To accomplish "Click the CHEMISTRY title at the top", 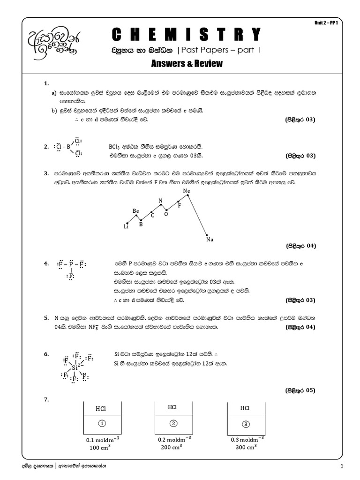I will (187, 34).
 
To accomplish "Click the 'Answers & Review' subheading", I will (187, 63).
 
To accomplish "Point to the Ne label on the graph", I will (187, 191).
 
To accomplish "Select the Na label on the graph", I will (210, 240).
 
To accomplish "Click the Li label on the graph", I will (126, 226).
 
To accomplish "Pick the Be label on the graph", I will (136, 211).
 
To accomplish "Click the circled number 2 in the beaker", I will (172, 424).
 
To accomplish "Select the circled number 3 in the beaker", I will (245, 424).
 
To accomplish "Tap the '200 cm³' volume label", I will (173, 447).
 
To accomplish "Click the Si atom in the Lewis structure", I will (75, 368).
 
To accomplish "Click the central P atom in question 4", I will (71, 264).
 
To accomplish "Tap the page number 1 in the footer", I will (342, 466).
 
